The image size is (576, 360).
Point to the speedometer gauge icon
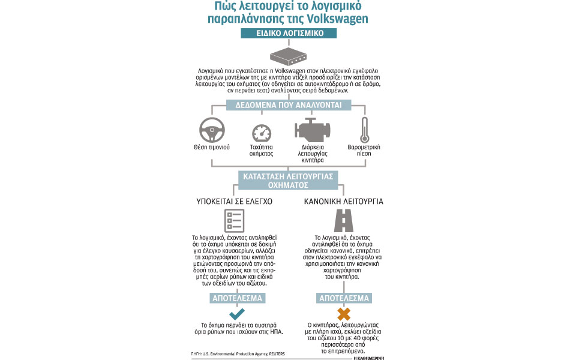(261, 133)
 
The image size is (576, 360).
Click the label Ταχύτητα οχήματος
(261, 150)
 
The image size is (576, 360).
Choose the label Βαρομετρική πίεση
(364, 150)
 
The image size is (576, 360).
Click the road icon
(344, 220)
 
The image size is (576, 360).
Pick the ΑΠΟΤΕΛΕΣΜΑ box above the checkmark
(236, 298)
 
